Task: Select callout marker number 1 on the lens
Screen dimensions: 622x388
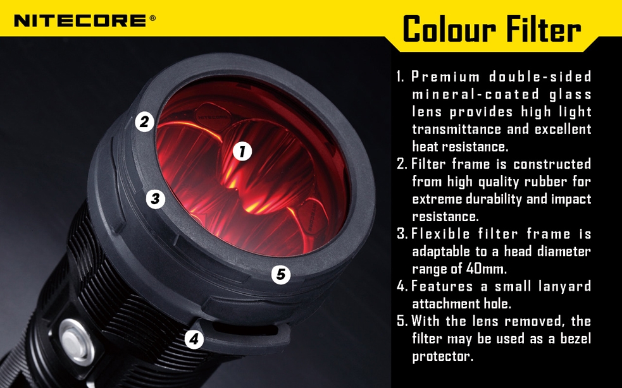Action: [242, 152]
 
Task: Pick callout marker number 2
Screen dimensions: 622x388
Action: [144, 122]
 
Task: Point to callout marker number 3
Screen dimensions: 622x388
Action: [155, 198]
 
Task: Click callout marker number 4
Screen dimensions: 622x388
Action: [194, 339]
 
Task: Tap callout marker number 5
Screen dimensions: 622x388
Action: [281, 274]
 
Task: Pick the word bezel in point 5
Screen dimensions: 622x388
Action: [576, 339]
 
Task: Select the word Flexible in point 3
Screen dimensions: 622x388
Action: [440, 234]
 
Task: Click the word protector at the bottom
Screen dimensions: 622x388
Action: [443, 356]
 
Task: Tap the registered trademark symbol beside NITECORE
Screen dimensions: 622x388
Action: [152, 18]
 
